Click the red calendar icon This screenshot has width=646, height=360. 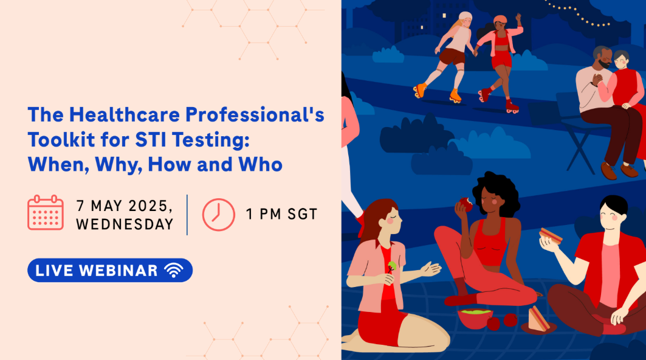46,212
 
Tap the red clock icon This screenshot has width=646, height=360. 218,215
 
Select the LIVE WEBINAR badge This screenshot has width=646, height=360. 110,270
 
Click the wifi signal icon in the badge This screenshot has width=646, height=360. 173,270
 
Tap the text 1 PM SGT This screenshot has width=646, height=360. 282,215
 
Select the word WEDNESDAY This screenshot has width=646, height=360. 125,224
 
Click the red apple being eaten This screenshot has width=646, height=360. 466,204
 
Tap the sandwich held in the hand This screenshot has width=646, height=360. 551,236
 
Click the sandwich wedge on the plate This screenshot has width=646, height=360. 538,319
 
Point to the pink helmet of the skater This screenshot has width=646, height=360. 500,19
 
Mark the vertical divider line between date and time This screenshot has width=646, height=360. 187,215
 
